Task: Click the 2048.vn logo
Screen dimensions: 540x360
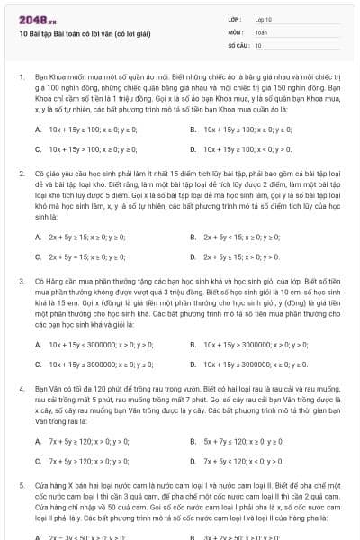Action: pos(34,17)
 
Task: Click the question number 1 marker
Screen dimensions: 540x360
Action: pos(21,78)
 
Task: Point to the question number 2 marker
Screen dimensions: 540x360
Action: pos(21,171)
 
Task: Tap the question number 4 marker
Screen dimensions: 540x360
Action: pos(21,387)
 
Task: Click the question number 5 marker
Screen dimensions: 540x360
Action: pos(21,484)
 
